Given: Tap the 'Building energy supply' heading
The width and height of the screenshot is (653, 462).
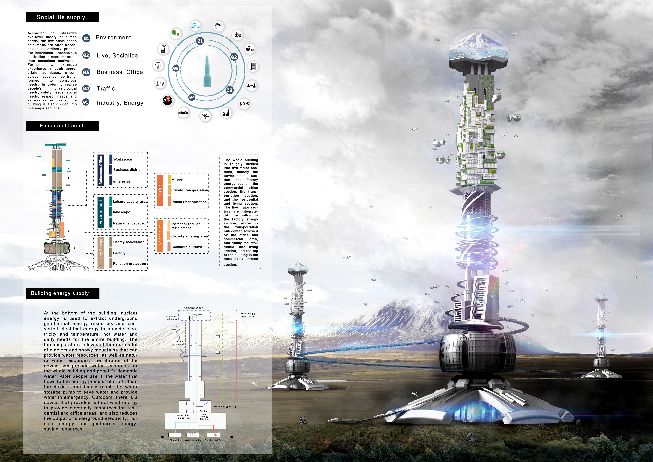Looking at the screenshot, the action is [63, 293].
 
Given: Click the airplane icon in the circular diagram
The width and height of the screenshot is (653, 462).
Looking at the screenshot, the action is [205, 116].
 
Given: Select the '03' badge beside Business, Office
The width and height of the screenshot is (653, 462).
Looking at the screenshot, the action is [86, 72].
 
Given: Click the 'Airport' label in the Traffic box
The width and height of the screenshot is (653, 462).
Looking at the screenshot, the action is [178, 179].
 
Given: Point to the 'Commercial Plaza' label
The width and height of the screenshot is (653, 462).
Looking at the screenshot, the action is [187, 247].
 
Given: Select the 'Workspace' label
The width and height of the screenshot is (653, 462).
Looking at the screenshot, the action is [123, 159].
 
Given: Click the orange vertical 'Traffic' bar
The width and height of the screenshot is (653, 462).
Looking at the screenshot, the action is [160, 190].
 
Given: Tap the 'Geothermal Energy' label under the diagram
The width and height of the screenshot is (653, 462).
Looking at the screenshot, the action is [216, 440].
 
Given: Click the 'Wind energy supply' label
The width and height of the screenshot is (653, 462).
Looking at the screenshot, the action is [225, 406].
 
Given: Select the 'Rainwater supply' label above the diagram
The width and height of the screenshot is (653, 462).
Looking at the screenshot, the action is [193, 308].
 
